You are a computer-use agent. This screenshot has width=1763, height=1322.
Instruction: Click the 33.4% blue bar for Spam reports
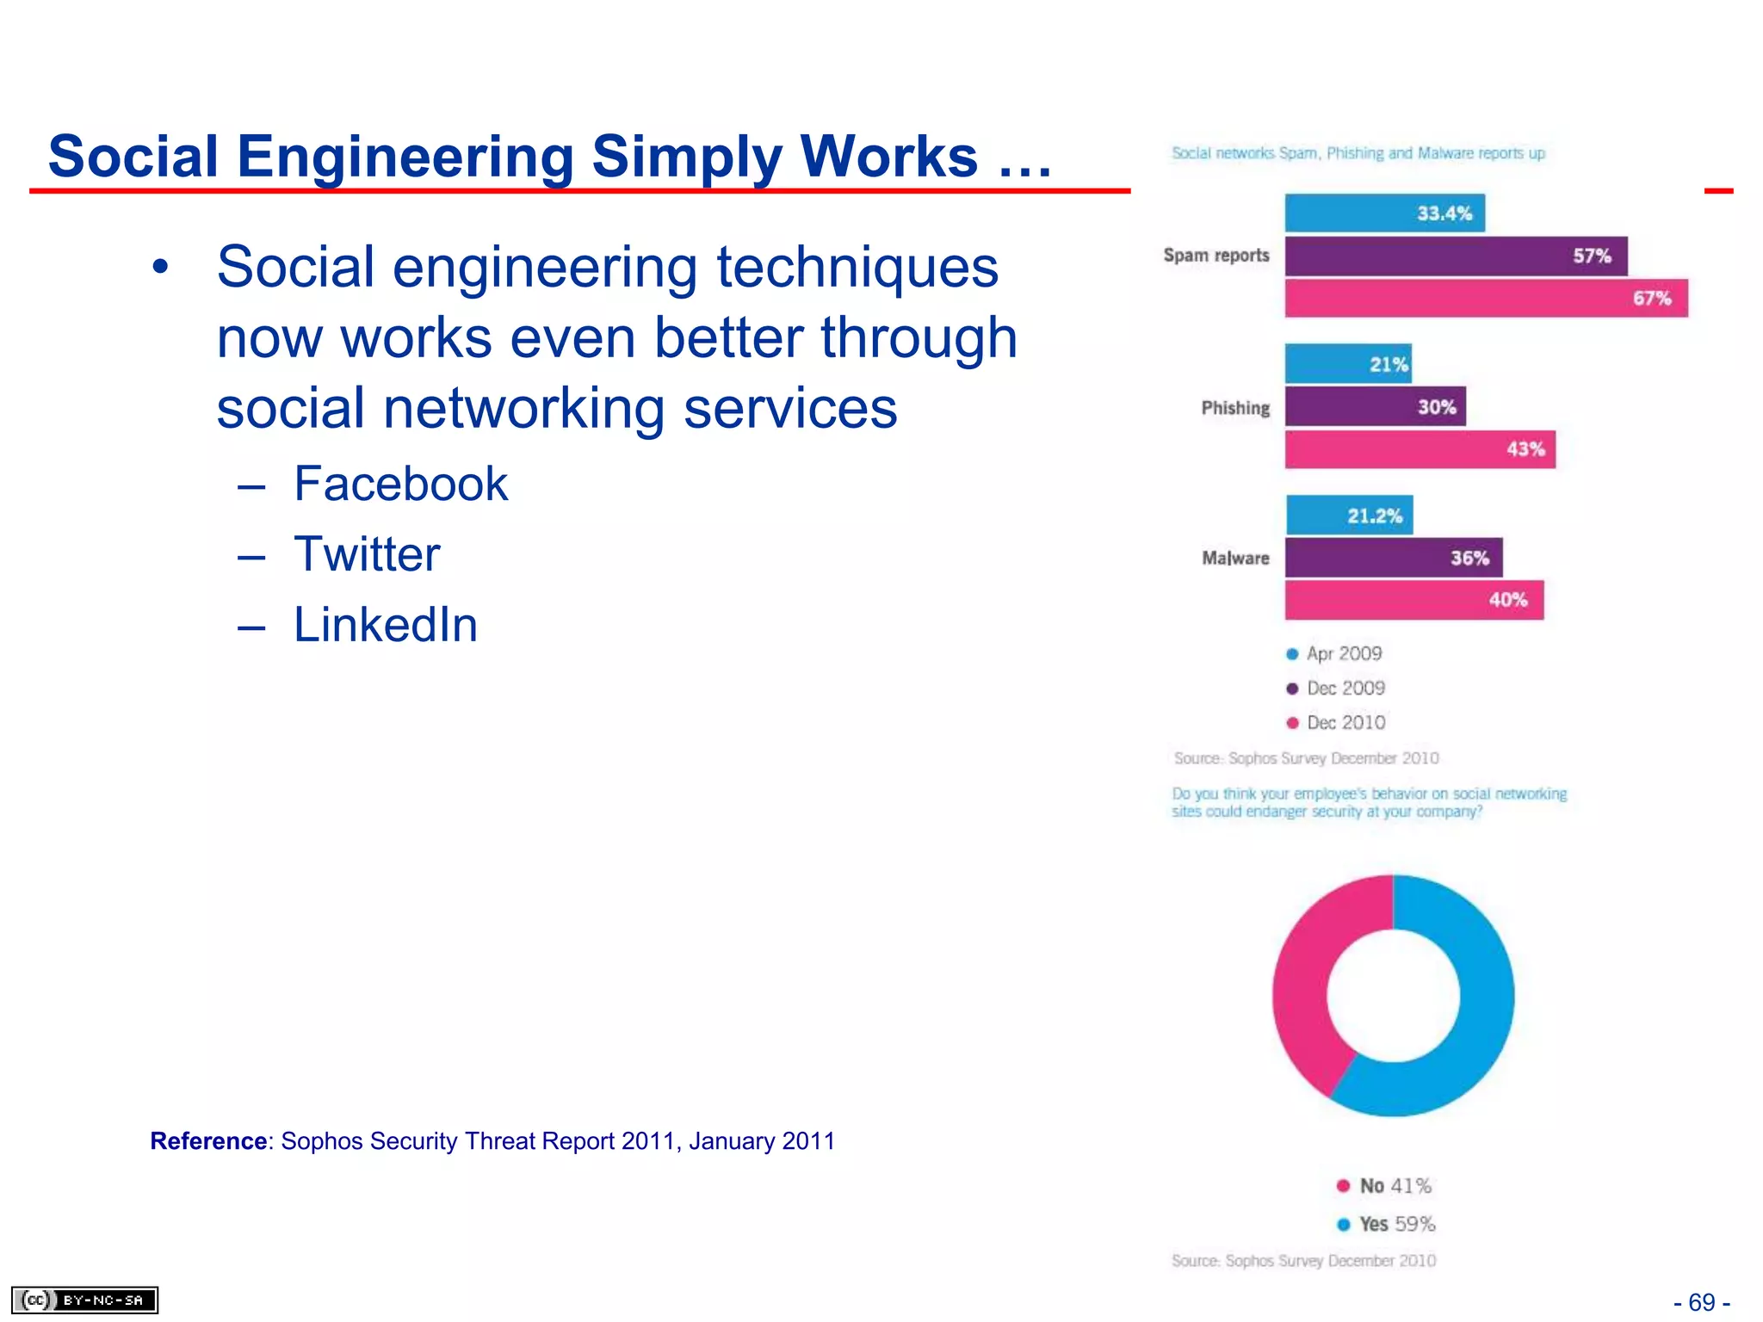1384,213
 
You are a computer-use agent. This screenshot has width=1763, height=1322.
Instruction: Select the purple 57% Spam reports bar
1456,256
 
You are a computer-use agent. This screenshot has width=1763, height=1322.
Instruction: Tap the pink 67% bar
1486,298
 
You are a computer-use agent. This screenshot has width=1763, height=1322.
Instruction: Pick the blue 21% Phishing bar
1348,364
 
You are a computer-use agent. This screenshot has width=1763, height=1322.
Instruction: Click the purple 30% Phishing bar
1375,406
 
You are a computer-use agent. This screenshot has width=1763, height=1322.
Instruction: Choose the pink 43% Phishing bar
1420,448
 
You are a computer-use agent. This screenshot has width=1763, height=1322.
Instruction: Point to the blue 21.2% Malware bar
1349,516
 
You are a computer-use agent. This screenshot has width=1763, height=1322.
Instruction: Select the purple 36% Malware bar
1393,558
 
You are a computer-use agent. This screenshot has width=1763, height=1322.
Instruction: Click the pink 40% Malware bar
1413,600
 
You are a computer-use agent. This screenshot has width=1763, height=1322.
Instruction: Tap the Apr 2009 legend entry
1334,654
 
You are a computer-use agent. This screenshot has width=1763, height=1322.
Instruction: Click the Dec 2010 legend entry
1336,723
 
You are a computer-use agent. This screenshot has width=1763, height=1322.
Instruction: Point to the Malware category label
1235,559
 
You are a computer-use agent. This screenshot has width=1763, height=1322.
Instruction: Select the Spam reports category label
1216,256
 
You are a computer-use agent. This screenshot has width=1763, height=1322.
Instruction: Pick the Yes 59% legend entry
1386,1224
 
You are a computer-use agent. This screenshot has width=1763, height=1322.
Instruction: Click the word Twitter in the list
367,554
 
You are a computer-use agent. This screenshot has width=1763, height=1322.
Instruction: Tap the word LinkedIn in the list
385,625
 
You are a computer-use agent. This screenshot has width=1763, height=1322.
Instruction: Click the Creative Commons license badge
84,1300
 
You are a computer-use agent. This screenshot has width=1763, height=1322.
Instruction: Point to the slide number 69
1701,1302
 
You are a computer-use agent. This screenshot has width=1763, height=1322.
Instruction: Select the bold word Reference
208,1141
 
